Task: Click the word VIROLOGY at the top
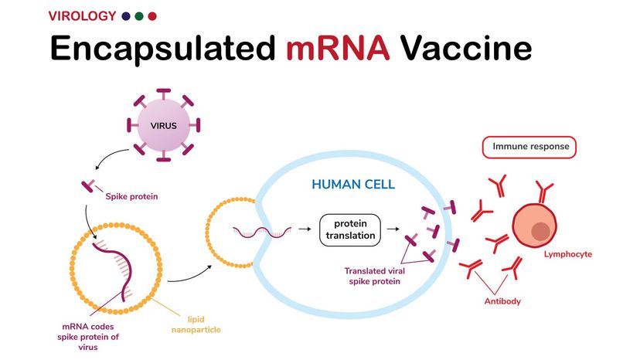tap(82, 16)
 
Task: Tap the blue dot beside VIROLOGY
tap(126, 16)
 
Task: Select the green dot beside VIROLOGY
tap(139, 16)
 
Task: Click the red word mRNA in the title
tap(338, 48)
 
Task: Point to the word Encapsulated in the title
tap(163, 49)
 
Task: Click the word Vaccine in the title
tap(466, 48)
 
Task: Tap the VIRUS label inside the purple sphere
tap(163, 126)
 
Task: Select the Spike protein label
tap(131, 196)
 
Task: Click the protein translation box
tap(350, 229)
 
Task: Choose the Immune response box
tap(529, 147)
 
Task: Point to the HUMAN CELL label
tap(353, 185)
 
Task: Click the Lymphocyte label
tap(568, 254)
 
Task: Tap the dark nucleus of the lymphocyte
tap(540, 232)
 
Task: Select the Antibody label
tap(502, 301)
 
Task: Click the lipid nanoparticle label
tap(196, 324)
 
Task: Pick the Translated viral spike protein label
tap(374, 276)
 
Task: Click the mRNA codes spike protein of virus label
tap(88, 337)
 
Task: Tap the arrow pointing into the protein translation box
tap(305, 229)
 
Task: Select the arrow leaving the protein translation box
tap(393, 229)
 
